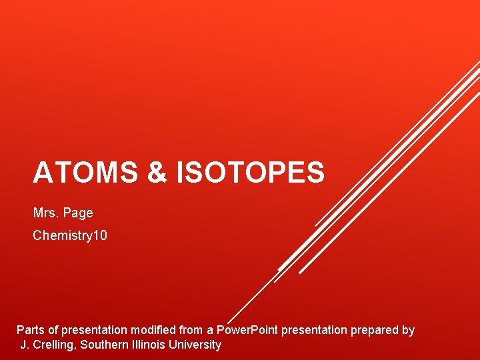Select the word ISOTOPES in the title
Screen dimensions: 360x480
(250, 173)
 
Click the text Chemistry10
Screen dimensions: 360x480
(70, 236)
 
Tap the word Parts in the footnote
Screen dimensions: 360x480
(31, 330)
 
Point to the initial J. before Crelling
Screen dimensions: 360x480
(25, 345)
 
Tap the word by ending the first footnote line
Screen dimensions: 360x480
(408, 331)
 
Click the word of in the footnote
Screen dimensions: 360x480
(53, 330)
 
